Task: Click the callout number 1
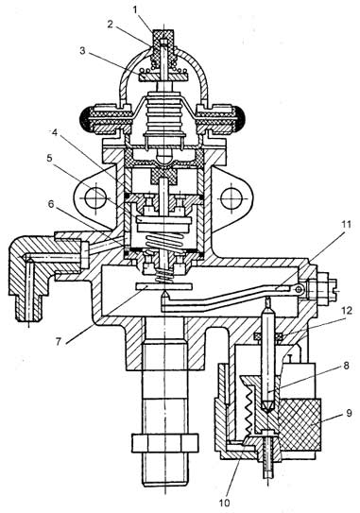click(x=135, y=9)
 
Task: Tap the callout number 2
click(x=110, y=24)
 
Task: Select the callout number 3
click(x=82, y=51)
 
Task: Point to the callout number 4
click(x=55, y=133)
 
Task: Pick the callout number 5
click(x=49, y=159)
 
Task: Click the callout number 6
click(x=51, y=204)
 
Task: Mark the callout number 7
click(x=59, y=341)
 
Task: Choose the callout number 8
click(x=346, y=366)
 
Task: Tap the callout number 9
click(x=350, y=413)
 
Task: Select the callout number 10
click(x=225, y=503)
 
